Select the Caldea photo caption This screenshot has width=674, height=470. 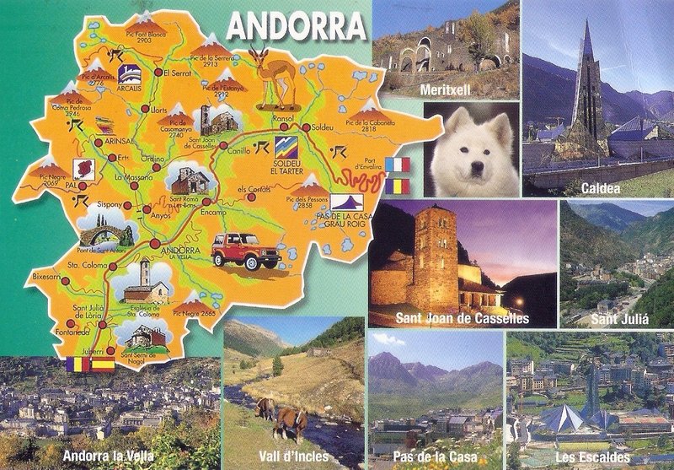tap(600, 189)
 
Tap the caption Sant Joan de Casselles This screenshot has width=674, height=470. tap(462, 318)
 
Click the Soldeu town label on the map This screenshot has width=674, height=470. tap(323, 127)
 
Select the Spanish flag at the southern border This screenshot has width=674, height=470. tap(102, 365)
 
